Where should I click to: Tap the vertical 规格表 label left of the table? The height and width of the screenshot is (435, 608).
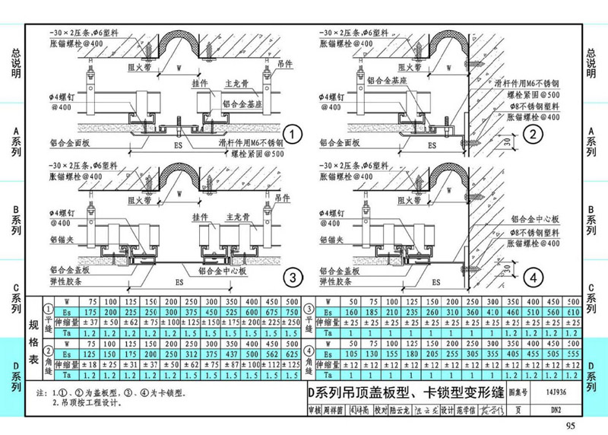pyautogui.click(x=33, y=338)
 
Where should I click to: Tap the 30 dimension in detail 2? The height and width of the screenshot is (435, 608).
pyautogui.click(x=507, y=142)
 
